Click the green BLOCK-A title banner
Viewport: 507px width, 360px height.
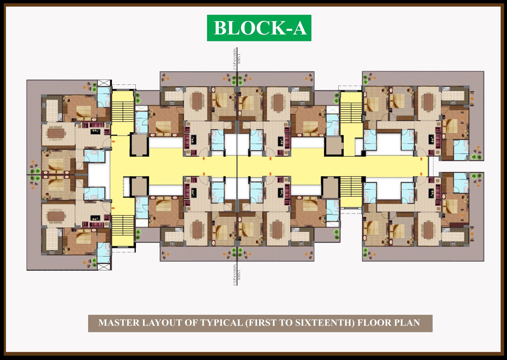tap(259, 28)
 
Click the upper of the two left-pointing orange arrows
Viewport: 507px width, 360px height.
tap(113, 142)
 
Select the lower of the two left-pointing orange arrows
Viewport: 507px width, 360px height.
tap(113, 208)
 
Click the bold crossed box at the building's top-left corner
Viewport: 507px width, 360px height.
tap(104, 83)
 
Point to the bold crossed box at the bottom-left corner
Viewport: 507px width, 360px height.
tap(104, 267)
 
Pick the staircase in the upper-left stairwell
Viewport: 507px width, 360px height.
tap(123, 112)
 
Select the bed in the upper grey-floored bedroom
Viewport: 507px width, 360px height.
tap(397, 101)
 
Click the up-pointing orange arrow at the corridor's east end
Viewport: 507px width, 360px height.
tap(421, 159)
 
